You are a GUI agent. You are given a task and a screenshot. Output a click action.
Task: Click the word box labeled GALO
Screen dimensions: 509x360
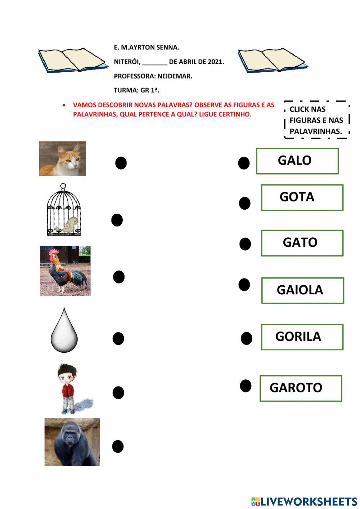point(297,161)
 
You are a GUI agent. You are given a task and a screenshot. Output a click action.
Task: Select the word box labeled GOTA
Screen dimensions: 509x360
point(302,197)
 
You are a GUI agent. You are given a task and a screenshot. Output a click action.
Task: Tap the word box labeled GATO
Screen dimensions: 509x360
point(302,243)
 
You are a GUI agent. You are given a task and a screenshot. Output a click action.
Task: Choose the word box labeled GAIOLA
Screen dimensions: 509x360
point(302,290)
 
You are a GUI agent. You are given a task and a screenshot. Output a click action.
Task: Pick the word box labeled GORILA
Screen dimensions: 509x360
point(302,337)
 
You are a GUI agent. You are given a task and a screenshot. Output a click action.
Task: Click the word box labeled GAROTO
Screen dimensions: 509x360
point(300,388)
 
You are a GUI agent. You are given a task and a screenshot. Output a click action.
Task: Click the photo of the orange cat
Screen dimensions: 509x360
point(63,158)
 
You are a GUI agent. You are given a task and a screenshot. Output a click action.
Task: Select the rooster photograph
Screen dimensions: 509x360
point(65,271)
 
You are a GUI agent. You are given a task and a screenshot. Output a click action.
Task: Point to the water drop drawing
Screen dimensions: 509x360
point(64,331)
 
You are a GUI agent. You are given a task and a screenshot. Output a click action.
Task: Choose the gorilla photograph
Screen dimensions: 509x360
point(72,442)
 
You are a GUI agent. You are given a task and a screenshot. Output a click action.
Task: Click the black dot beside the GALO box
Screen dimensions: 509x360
point(244,163)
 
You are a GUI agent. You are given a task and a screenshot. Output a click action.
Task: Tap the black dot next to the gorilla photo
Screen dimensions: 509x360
point(118,446)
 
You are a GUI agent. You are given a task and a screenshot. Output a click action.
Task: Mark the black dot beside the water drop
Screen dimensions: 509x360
point(118,339)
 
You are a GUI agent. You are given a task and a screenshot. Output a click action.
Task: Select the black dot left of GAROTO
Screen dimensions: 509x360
point(246,386)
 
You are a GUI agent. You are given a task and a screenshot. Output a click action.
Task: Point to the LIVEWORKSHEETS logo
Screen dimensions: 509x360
point(304,501)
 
